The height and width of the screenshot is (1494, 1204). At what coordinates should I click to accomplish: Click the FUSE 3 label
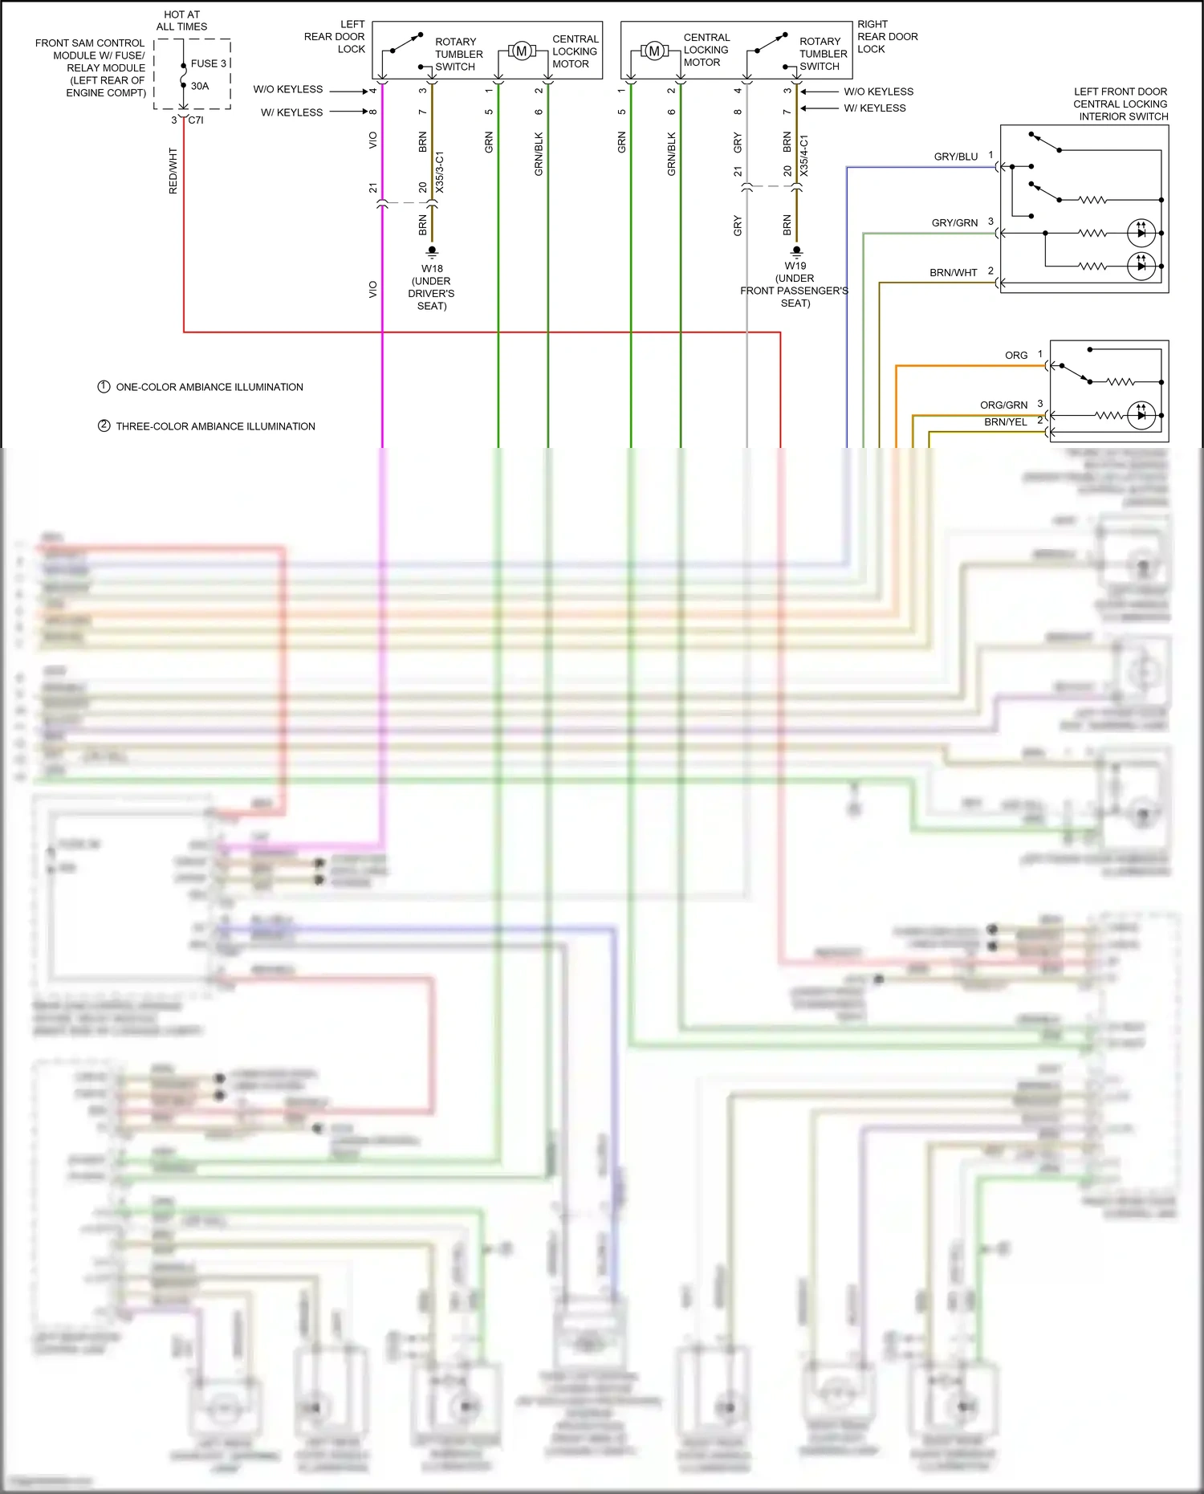click(209, 63)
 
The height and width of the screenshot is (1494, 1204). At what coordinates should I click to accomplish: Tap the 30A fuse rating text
click(200, 86)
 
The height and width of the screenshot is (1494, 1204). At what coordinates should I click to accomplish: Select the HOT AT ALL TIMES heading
click(182, 21)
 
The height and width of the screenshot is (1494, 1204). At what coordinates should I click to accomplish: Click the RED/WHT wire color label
click(173, 170)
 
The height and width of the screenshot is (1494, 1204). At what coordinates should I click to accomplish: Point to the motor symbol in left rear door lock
click(521, 51)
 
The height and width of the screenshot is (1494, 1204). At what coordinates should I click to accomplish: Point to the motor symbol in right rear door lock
click(654, 51)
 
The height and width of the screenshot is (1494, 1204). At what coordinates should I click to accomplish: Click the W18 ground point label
click(432, 269)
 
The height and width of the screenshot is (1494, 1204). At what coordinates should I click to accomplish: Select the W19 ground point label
click(795, 266)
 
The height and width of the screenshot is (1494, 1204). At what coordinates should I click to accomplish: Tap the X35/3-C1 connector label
click(439, 172)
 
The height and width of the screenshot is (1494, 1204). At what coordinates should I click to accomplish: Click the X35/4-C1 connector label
click(804, 156)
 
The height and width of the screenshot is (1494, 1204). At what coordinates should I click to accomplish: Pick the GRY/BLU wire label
click(955, 157)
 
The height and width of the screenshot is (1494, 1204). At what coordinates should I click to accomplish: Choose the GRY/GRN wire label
click(954, 223)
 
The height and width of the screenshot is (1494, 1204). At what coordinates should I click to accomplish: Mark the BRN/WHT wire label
click(954, 273)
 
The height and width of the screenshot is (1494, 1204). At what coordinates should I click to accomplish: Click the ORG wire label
click(1016, 356)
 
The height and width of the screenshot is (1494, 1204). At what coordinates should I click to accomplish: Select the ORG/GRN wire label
click(1003, 405)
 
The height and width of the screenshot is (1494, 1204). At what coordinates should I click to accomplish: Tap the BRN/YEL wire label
click(1005, 422)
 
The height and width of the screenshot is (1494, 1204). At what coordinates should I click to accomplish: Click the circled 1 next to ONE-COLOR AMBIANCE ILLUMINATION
click(104, 387)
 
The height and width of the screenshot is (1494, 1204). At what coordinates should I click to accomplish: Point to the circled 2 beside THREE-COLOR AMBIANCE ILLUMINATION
click(104, 425)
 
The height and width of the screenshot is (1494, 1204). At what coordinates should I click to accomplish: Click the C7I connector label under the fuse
click(196, 120)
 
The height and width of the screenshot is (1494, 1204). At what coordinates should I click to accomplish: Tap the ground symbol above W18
click(432, 251)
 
